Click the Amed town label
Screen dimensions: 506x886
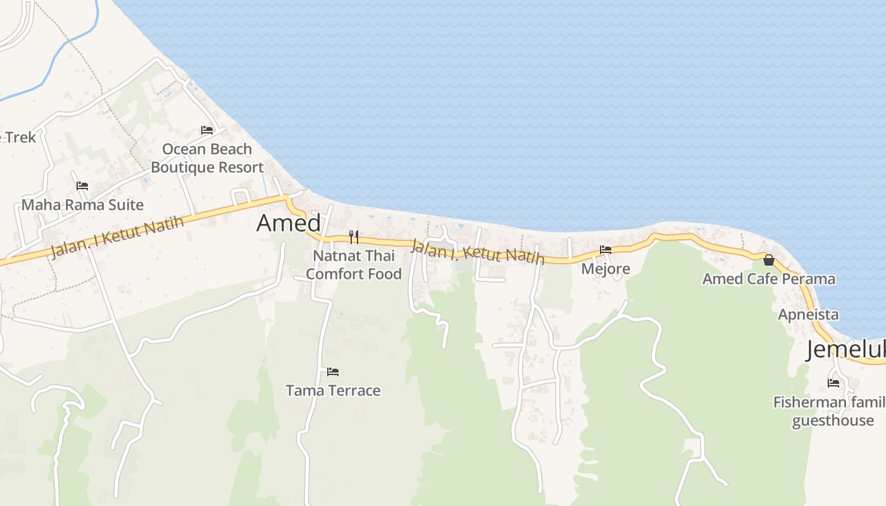tap(289, 223)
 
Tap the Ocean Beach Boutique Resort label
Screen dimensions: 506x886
tap(207, 158)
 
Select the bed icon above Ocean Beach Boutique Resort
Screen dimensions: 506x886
tap(207, 130)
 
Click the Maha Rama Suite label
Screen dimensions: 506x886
tap(82, 205)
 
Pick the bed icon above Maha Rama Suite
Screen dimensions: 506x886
tap(82, 186)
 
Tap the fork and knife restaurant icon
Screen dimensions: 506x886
tap(354, 237)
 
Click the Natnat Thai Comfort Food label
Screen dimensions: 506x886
tap(354, 265)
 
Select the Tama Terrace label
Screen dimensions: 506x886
tap(333, 390)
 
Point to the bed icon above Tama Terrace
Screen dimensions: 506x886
tap(333, 371)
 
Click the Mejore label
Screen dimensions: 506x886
tap(606, 269)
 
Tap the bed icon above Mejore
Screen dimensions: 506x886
tap(606, 250)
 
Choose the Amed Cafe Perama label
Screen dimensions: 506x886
tap(769, 279)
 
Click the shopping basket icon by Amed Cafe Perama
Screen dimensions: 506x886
tap(769, 260)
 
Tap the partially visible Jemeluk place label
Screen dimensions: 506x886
tap(845, 350)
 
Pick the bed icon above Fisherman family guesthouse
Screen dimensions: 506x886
tap(833, 383)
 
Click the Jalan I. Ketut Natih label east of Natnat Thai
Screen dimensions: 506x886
tap(477, 251)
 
